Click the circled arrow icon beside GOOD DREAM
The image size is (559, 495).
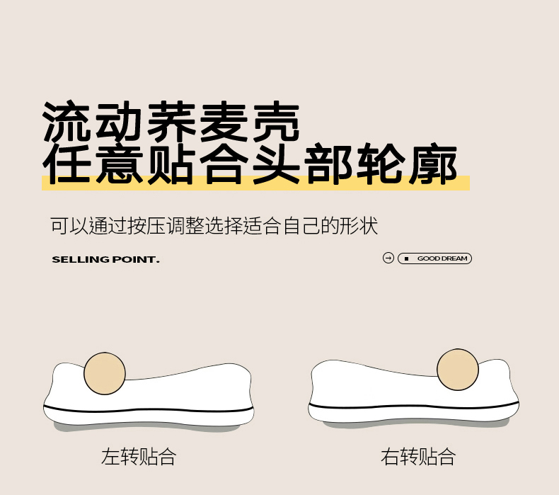388,258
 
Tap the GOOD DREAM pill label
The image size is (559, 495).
434,258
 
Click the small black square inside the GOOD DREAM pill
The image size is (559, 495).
406,258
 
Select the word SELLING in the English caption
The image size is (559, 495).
80,259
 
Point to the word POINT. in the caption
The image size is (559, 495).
135,259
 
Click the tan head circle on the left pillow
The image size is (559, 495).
105,373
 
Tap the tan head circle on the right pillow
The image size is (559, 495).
458,370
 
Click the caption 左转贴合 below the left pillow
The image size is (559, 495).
139,456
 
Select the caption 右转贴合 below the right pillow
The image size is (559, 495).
418,456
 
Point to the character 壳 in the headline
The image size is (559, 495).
275,121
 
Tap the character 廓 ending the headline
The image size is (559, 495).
433,164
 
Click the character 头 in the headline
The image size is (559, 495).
276,164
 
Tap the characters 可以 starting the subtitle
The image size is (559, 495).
69,226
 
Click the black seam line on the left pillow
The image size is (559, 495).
149,409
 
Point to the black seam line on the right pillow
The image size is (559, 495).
413,406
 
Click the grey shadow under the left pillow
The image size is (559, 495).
150,428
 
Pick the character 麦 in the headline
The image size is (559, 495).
223,121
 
